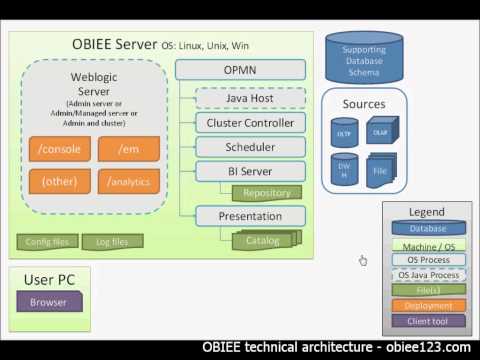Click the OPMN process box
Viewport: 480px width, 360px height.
[241, 70]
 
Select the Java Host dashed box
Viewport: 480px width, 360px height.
[249, 97]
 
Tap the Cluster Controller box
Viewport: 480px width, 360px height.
[249, 123]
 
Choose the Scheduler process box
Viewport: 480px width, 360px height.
[249, 147]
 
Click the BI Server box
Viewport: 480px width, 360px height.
[249, 172]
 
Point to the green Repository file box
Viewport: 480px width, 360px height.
[266, 193]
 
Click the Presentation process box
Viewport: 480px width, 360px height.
[249, 216]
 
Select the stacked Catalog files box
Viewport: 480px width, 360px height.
[265, 240]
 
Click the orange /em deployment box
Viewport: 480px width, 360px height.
[128, 149]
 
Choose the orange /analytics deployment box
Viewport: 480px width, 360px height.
[128, 181]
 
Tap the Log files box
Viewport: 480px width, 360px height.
[111, 241]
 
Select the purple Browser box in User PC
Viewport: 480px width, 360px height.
[48, 301]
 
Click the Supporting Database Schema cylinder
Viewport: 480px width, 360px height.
[363, 56]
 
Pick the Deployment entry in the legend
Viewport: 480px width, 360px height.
[426, 305]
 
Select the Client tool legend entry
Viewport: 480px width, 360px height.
[426, 321]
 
